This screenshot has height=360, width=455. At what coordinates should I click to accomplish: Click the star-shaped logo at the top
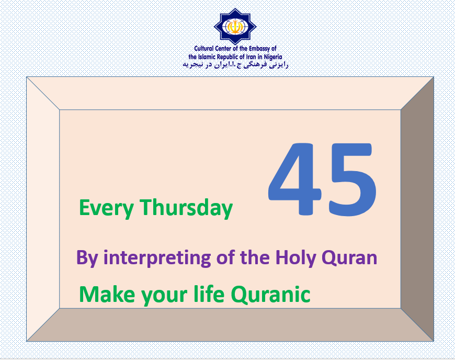[x=235, y=26]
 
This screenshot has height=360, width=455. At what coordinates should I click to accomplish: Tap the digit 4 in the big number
[x=294, y=179]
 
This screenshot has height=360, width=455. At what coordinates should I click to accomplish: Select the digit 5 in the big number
[x=352, y=179]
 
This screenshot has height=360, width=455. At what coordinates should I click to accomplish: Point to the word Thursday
[x=186, y=208]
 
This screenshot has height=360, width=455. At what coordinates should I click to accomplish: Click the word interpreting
[x=157, y=257]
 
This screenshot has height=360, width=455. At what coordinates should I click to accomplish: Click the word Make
[x=107, y=295]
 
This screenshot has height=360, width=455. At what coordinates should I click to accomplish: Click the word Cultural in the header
[x=204, y=49]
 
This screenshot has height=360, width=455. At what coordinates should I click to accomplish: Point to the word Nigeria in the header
[x=273, y=57]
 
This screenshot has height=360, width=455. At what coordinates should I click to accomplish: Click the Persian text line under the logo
[x=235, y=65]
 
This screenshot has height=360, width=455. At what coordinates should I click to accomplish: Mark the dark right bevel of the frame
[x=417, y=209]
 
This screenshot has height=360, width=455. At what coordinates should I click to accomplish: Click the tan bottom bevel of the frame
[x=230, y=324]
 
